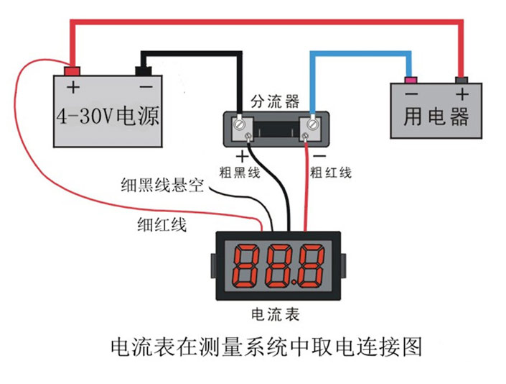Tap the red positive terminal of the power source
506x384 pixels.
click(72, 70)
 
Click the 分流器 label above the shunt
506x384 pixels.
click(274, 101)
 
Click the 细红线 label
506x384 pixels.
click(161, 224)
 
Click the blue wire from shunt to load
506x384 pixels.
click(359, 53)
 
